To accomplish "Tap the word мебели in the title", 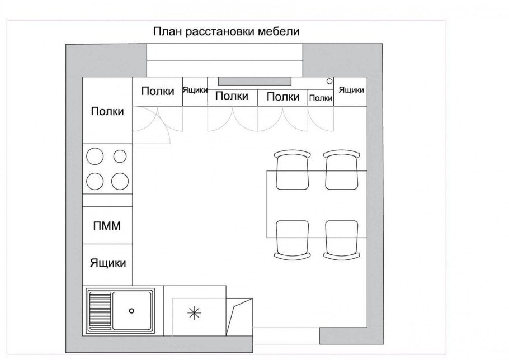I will (x=279, y=31).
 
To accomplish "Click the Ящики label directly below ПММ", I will (x=108, y=263).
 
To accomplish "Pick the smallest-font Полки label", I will (x=321, y=98).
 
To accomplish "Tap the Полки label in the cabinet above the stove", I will (x=107, y=111).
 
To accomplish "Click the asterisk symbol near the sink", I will (x=193, y=314).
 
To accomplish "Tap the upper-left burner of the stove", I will (x=96, y=156).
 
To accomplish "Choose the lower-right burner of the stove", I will (x=120, y=181).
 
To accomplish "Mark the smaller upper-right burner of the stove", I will (x=120, y=156).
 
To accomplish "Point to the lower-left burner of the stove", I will (x=96, y=181).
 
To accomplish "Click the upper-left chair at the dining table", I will (x=292, y=170).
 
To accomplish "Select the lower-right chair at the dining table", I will (x=341, y=239).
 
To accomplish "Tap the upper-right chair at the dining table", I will (x=341, y=170).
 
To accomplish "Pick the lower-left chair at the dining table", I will (x=292, y=239).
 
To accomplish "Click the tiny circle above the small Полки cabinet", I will (x=329, y=81).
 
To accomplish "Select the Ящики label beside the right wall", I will (x=351, y=90).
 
